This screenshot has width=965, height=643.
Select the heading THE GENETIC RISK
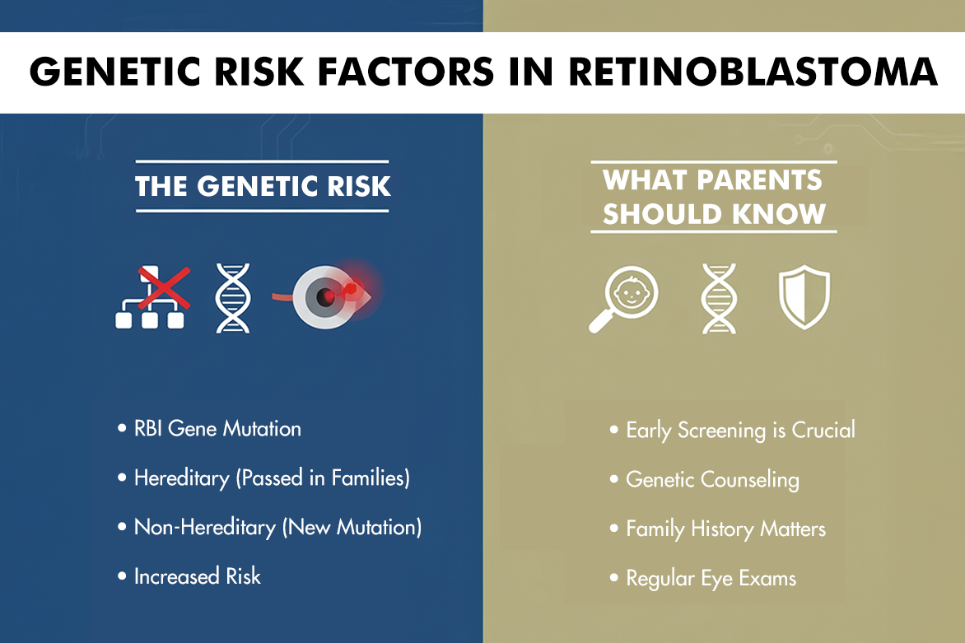(263, 186)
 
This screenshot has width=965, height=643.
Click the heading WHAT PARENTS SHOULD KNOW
(713, 198)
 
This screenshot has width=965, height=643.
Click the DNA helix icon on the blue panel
(232, 298)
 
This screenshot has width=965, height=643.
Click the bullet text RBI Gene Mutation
(217, 429)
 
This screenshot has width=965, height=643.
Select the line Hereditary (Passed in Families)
(272, 478)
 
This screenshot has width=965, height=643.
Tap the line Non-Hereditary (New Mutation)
(277, 527)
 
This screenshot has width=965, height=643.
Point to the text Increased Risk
(197, 576)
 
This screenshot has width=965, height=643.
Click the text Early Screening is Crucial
(740, 430)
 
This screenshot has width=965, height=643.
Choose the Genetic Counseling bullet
(712, 479)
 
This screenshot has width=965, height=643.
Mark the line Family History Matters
(725, 529)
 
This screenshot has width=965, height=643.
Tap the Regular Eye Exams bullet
(711, 578)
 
